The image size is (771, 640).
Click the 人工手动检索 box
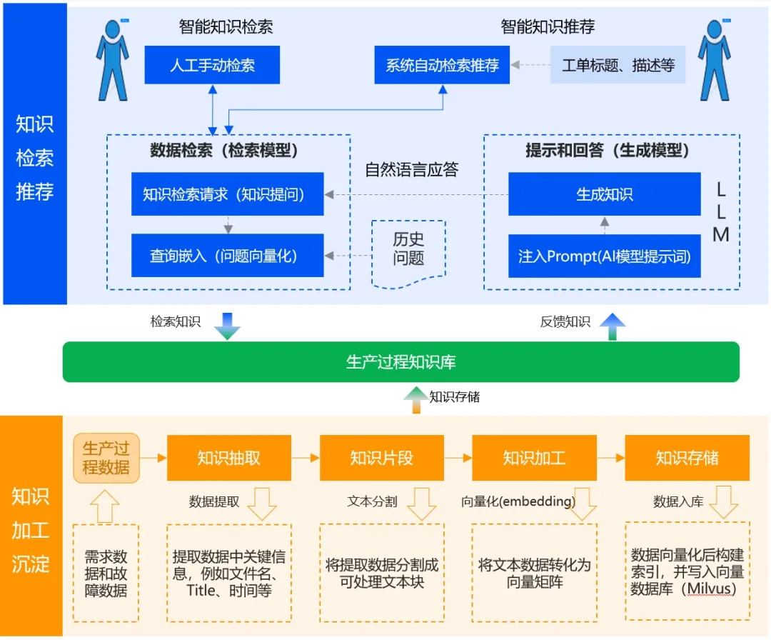click(x=212, y=66)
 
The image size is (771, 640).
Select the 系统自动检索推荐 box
click(x=443, y=66)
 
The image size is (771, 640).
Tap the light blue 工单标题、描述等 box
click(x=618, y=66)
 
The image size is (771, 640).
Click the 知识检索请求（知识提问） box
click(x=227, y=194)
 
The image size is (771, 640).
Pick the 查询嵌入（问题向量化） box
click(x=227, y=256)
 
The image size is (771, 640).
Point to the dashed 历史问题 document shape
click(x=408, y=251)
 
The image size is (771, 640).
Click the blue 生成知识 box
click(x=604, y=194)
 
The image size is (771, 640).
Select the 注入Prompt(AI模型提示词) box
click(x=604, y=256)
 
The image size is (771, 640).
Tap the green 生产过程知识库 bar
click(x=400, y=362)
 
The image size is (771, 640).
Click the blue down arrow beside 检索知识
click(x=226, y=325)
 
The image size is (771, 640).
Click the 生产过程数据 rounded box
click(x=106, y=458)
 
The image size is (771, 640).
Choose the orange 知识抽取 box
click(x=229, y=458)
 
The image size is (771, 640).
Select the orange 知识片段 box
click(x=382, y=458)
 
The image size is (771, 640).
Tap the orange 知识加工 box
click(x=535, y=458)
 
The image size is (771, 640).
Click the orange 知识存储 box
click(x=687, y=458)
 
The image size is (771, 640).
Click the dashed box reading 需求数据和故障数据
click(x=106, y=573)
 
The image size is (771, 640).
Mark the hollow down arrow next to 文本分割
click(x=420, y=504)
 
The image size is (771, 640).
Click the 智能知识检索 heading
click(x=226, y=27)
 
